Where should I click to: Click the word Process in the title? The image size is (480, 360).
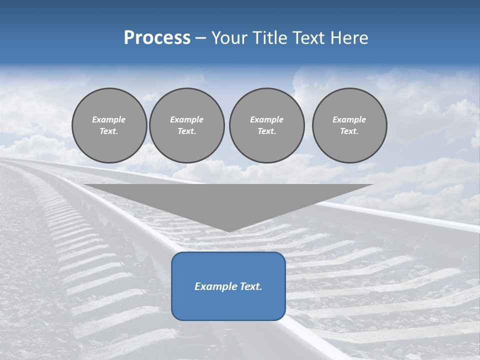[x=157, y=38]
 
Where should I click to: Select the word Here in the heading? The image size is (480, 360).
[x=348, y=38]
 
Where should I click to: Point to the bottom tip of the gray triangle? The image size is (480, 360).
[x=228, y=231]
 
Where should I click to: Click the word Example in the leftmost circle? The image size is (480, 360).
[x=109, y=119]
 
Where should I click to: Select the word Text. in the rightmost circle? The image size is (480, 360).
[x=349, y=131]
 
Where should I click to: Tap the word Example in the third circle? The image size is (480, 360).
[x=267, y=119]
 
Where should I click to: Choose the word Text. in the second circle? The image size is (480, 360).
[x=187, y=131]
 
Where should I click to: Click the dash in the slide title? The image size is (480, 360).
[x=201, y=38]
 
